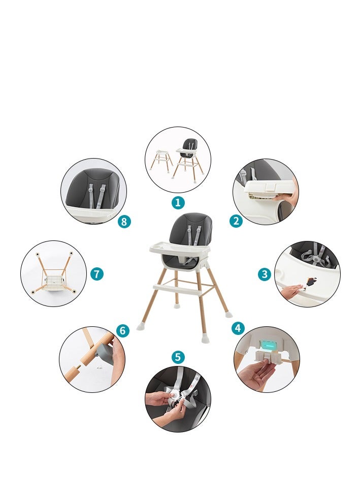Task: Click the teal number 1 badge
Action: coord(178,203)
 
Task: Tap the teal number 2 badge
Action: coord(236,221)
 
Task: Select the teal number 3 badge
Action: coord(265,274)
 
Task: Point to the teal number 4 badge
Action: coord(238,328)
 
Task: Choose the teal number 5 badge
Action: coord(178,357)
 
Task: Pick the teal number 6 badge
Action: coord(122,330)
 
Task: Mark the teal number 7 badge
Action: coord(96,274)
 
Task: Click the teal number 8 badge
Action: coord(124,222)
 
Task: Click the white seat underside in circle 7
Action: coord(55,279)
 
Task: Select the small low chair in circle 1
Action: coord(161,160)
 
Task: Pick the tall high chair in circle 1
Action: coord(189,160)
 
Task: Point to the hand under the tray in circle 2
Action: coord(286,197)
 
